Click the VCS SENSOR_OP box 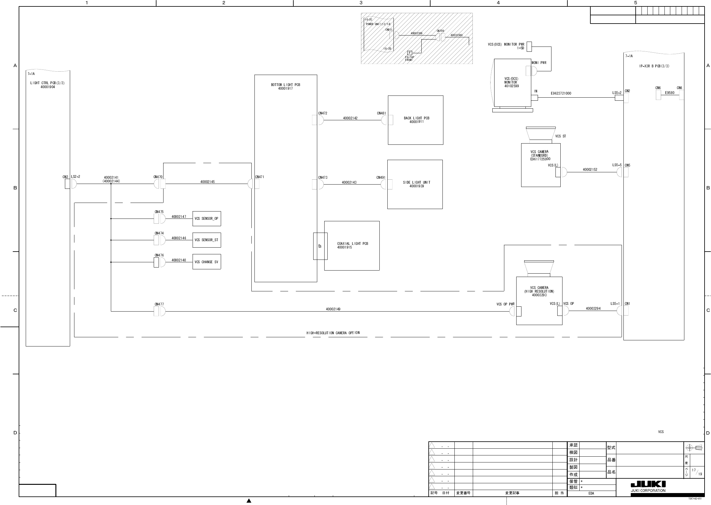tap(206, 219)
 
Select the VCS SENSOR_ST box tap(206, 240)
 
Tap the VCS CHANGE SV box tap(206, 262)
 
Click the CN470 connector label tap(158, 177)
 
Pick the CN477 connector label tap(159, 304)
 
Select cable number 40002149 tap(333, 309)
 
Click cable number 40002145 tap(208, 181)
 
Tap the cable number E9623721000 tap(561, 93)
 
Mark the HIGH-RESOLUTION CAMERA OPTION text tap(333, 333)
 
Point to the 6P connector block tap(320, 246)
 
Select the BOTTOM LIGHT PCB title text tap(285, 84)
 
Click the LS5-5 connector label tap(617, 165)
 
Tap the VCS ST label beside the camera tap(560, 136)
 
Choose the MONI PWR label tap(539, 63)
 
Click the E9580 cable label tap(670, 93)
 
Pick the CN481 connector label tap(381, 113)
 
